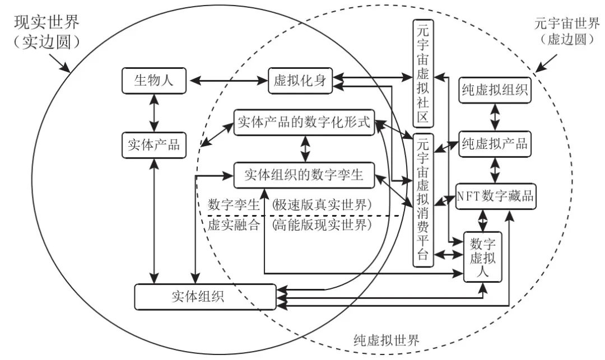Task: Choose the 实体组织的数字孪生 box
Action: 304,175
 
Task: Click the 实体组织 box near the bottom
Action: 205,296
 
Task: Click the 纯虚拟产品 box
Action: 494,143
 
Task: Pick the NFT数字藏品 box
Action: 494,196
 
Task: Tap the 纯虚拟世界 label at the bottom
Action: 387,340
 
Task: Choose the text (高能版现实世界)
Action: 322,226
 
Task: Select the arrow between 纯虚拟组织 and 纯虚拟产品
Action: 494,117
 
